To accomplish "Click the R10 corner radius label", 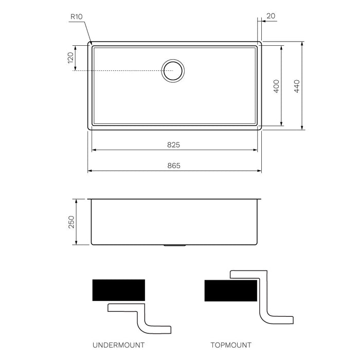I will click(77, 16).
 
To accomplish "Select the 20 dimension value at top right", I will click(271, 16).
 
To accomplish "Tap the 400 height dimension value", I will click(276, 85).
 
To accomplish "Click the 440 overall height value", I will click(296, 86).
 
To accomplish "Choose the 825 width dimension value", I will click(173, 145).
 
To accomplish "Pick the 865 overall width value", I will click(173, 166).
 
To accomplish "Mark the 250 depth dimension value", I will click(71, 222).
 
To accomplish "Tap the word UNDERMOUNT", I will click(118, 345).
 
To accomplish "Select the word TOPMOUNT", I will click(231, 345).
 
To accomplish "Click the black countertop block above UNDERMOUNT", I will click(118, 290).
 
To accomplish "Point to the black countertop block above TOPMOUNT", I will click(230, 291).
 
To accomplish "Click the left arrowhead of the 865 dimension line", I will click(89, 171).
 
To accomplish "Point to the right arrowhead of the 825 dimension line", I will click(255, 150).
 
